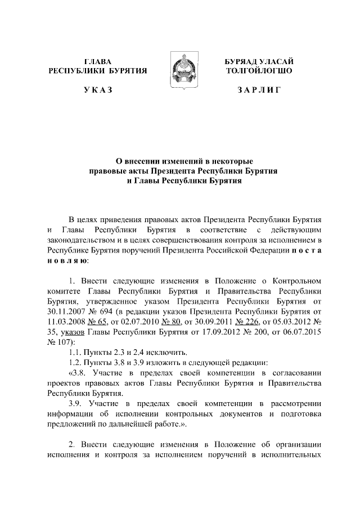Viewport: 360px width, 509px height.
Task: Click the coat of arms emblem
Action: coord(179,73)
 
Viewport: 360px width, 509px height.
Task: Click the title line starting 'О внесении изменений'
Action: coord(180,161)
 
